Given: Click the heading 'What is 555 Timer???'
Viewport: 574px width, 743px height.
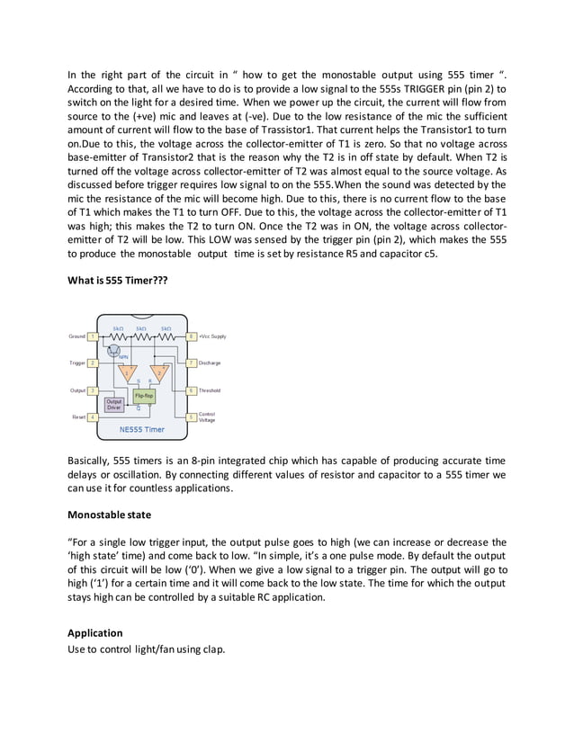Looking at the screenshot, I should point(118,280).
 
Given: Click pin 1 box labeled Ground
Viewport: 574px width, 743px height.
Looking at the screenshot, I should point(93,336).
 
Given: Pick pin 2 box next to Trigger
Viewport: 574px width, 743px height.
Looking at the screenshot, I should point(93,363).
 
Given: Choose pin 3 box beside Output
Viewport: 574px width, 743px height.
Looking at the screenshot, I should point(93,390).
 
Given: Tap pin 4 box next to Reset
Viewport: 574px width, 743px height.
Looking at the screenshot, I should point(93,417).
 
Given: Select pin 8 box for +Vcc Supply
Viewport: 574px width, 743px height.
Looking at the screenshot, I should point(191,336).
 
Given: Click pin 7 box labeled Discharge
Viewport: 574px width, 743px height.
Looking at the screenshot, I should point(191,363).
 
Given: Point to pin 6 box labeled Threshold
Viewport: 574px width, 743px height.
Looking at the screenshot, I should point(191,390).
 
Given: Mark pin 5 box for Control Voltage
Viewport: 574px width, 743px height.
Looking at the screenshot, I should point(191,417).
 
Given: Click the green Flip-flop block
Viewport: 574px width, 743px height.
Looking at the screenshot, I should point(144,395).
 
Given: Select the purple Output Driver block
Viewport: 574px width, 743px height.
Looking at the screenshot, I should point(115,405).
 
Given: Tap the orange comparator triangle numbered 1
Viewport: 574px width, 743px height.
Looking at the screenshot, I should point(129,371).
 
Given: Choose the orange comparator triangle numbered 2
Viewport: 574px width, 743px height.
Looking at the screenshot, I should point(159,371).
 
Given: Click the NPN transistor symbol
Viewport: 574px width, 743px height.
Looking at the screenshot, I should point(115,347).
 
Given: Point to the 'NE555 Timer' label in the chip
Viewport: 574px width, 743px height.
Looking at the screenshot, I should point(141,429).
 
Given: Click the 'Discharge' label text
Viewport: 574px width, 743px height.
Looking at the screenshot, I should point(210,363).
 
